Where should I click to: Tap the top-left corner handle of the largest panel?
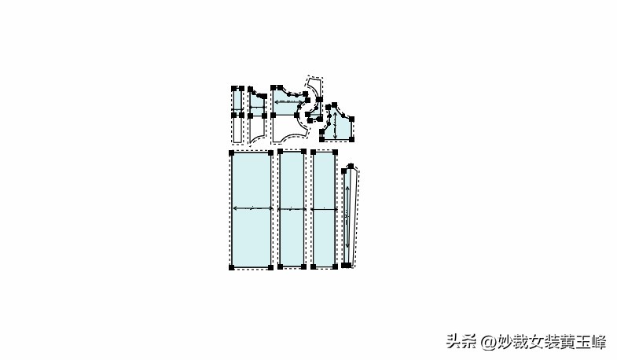(231, 152)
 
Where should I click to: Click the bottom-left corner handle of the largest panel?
(231, 268)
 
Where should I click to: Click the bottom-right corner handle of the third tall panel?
(336, 266)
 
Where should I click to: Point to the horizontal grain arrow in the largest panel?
(252, 208)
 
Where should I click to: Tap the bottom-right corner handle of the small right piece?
(352, 139)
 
